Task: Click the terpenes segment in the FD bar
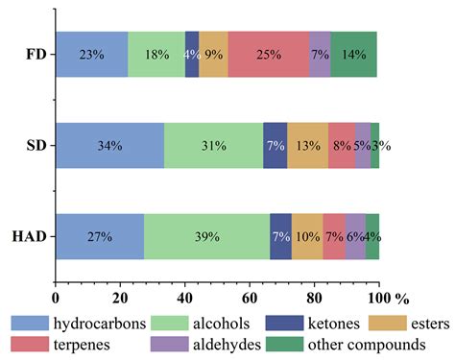click(x=269, y=54)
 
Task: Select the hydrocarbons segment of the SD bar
click(x=109, y=145)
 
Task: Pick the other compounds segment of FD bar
click(x=353, y=54)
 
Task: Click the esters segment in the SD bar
click(x=307, y=145)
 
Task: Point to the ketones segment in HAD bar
click(x=280, y=236)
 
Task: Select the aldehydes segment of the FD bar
click(x=320, y=54)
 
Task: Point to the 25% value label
click(x=269, y=54)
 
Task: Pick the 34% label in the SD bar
click(x=109, y=145)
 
